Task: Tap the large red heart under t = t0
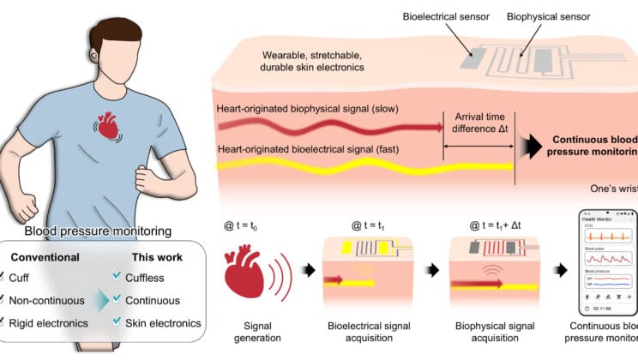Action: click(x=247, y=273)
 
